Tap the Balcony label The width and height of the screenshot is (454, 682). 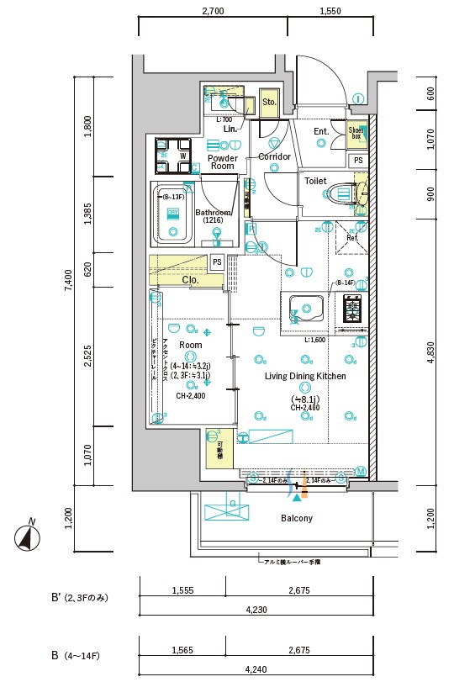296,518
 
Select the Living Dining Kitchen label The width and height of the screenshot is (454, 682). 305,377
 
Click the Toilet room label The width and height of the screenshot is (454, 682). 315,181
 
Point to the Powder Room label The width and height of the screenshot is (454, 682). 222,162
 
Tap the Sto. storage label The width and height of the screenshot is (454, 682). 269,103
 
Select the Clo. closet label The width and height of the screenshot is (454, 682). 190,280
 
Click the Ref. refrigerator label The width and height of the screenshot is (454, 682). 351,238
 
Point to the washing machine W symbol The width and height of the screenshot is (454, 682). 182,155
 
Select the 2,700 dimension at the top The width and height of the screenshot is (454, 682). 214,12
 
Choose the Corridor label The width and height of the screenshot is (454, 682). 274,157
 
